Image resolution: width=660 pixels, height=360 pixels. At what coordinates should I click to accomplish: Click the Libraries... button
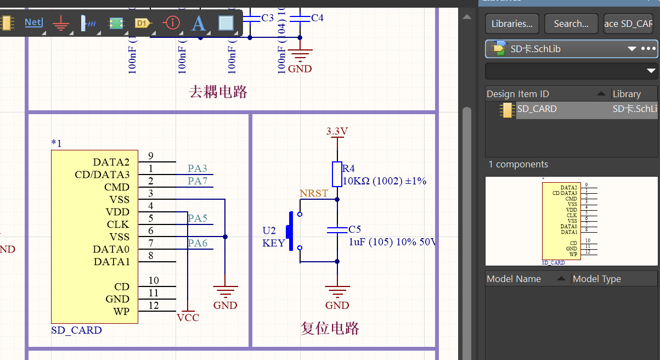coord(512,24)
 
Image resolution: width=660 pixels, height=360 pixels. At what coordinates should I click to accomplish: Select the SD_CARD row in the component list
coord(537,109)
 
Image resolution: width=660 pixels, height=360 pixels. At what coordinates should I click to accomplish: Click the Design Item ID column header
coord(517,94)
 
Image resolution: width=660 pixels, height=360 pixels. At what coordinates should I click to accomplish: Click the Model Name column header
coord(514,279)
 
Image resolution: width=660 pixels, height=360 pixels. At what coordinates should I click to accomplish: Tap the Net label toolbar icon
coord(33,22)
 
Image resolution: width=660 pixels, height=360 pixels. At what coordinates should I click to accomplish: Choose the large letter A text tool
coord(198,23)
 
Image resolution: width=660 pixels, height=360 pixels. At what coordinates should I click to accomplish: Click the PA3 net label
coord(198,168)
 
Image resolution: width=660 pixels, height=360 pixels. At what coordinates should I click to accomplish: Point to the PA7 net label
coord(198,181)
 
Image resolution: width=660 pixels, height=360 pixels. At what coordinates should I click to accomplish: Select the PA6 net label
coord(198,243)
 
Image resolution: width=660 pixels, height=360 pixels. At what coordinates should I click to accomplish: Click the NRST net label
coord(314,193)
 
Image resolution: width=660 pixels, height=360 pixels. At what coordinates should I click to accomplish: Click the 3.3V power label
coord(337,131)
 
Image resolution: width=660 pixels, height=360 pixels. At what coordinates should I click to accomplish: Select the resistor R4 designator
coord(348,168)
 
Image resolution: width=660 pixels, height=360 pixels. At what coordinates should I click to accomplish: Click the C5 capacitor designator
coord(355,229)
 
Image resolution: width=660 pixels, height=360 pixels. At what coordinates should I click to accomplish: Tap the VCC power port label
coord(188,317)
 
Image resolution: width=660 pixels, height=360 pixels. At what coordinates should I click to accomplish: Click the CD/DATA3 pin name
coord(102,175)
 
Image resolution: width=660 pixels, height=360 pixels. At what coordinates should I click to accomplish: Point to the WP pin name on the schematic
coord(122,311)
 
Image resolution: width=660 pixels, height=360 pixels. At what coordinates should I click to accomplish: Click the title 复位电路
coord(330,328)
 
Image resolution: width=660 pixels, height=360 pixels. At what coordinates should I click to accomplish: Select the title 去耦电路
coord(218,92)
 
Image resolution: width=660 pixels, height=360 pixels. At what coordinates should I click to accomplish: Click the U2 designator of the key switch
coord(269,230)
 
